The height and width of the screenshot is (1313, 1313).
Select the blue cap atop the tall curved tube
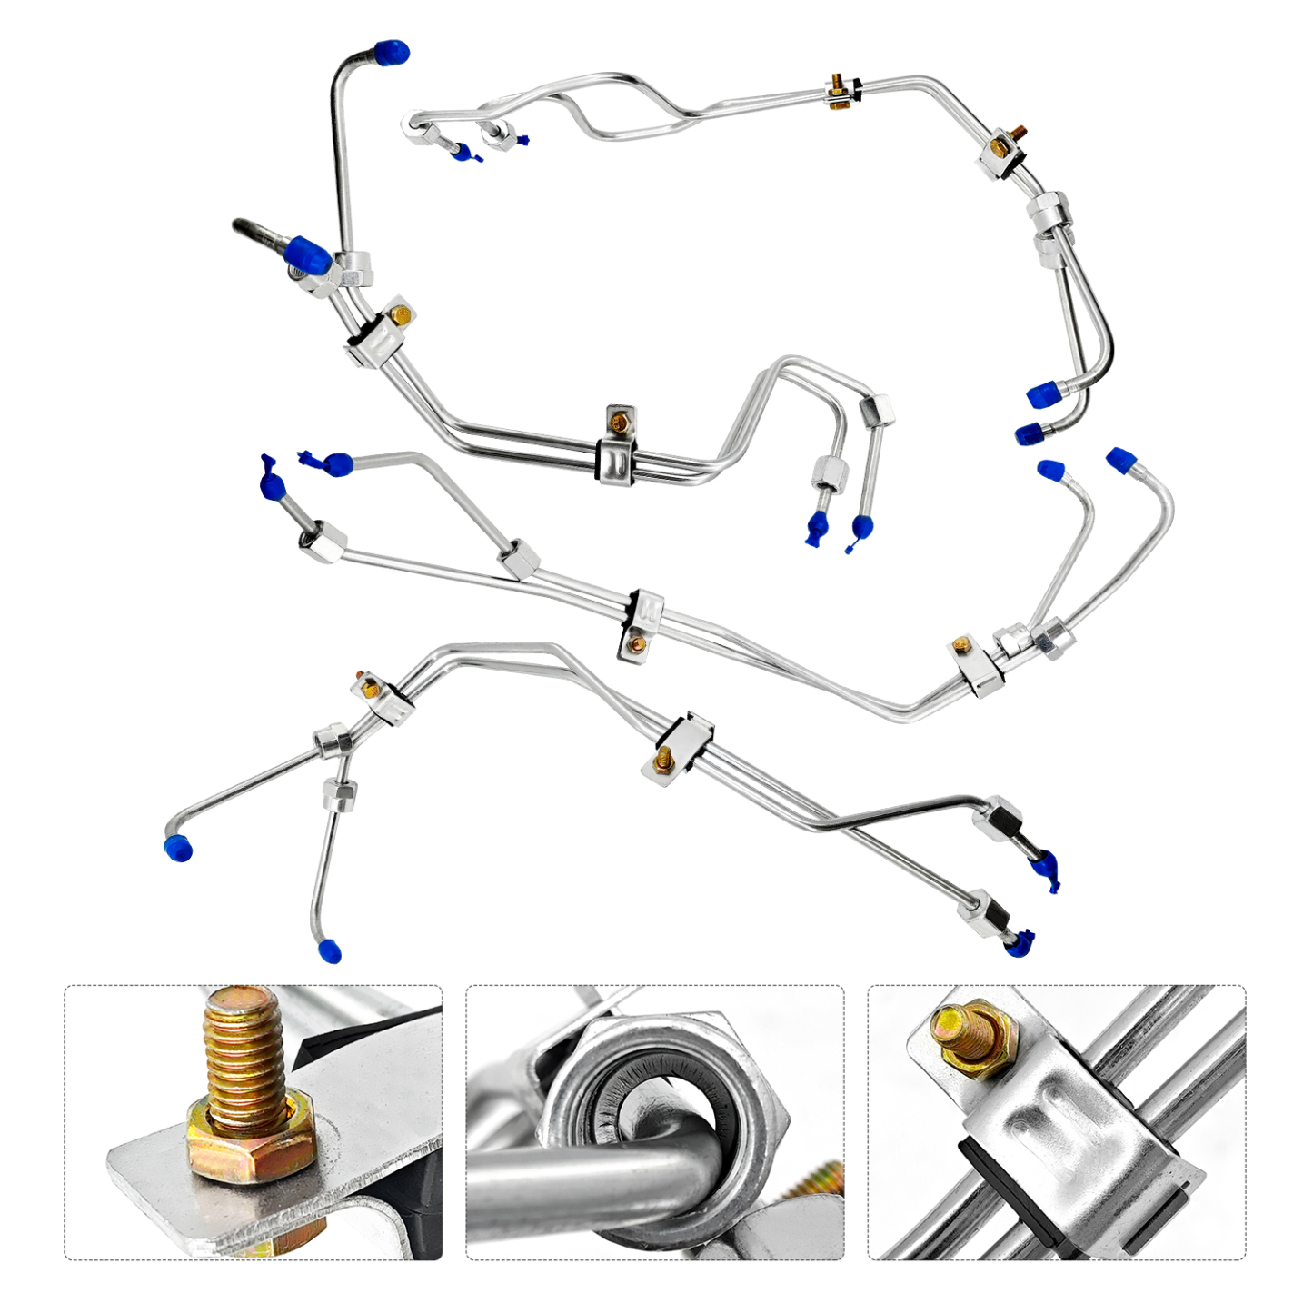[393, 52]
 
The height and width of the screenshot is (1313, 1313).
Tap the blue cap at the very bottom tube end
[330, 950]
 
